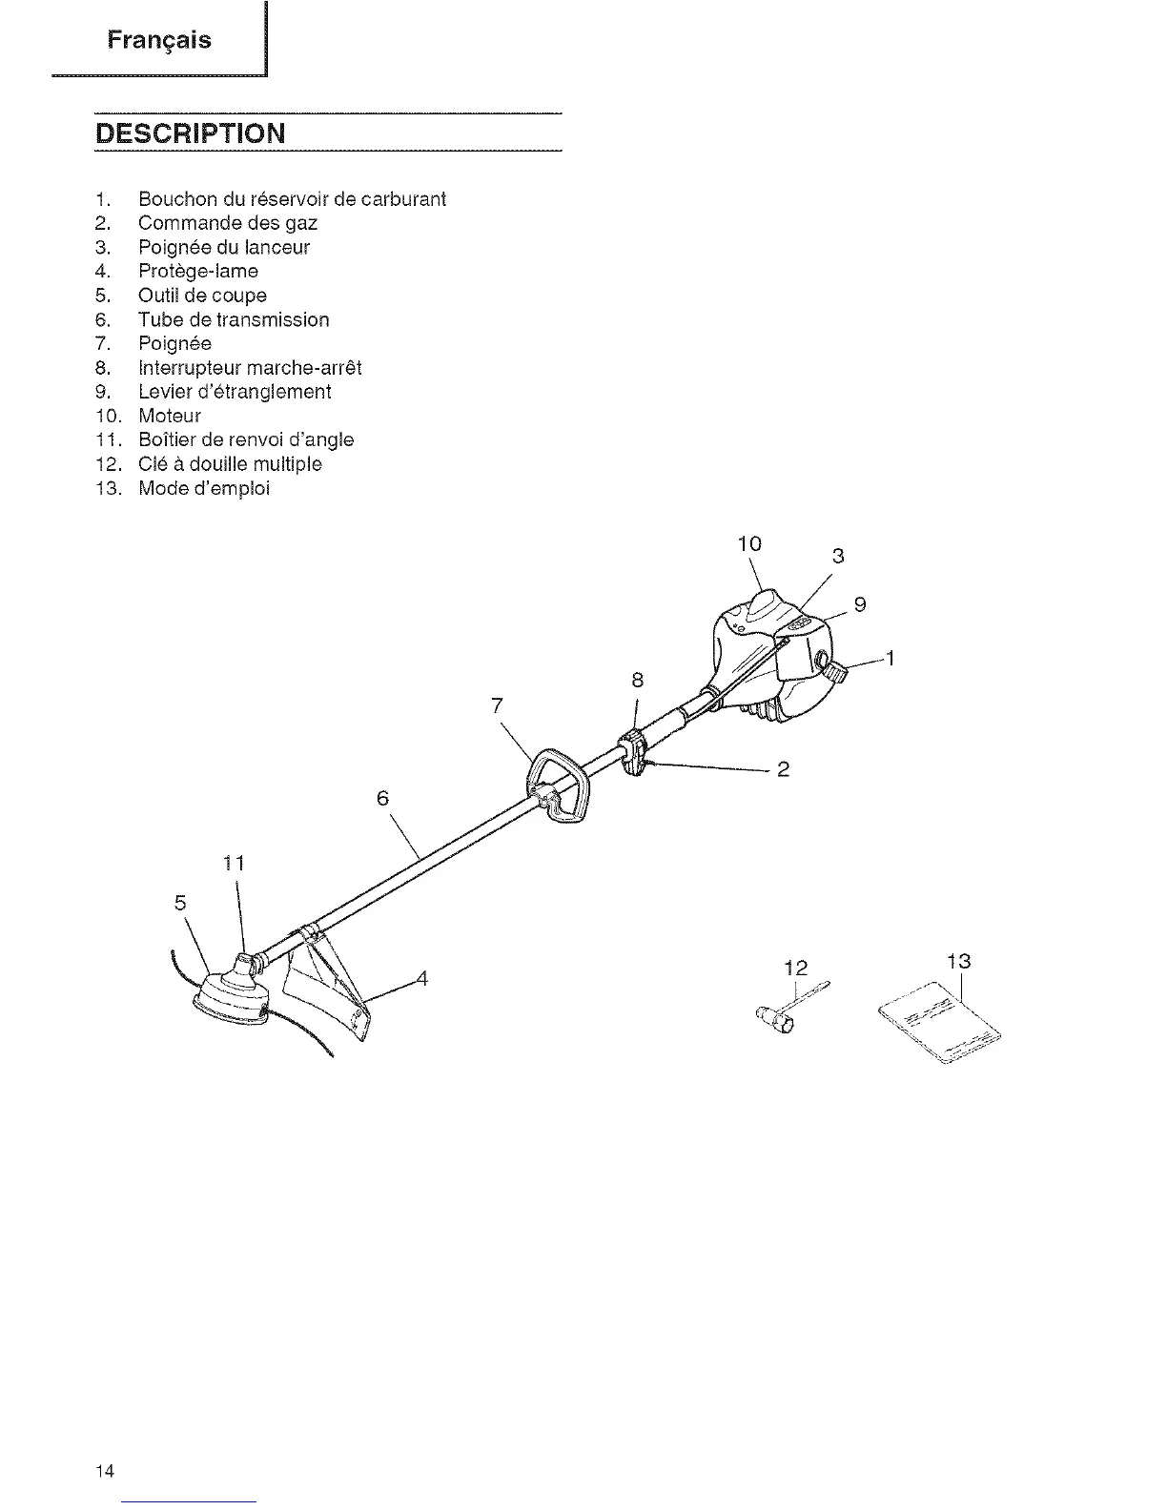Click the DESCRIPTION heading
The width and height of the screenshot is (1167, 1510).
[190, 132]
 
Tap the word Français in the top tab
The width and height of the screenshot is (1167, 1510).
[159, 40]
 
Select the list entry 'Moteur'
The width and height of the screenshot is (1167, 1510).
[170, 416]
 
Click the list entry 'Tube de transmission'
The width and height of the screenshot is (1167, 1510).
[234, 319]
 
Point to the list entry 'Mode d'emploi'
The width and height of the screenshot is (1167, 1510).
[204, 488]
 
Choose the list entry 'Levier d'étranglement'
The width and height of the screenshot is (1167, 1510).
[235, 392]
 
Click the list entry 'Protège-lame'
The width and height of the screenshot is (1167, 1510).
[198, 272]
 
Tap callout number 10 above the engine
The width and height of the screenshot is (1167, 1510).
[750, 544]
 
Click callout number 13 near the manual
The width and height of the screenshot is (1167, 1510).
[958, 961]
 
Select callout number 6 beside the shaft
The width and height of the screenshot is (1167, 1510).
[383, 798]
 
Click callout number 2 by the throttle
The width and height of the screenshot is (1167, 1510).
[783, 769]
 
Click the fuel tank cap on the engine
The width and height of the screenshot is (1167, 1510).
[834, 671]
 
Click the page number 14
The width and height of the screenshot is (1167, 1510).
[105, 1471]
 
